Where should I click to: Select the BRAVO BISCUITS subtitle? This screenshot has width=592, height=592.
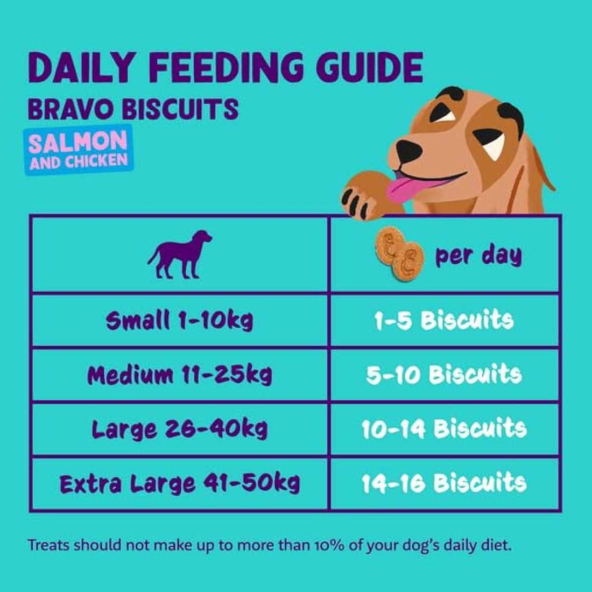133,109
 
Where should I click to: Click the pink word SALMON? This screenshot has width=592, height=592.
78,143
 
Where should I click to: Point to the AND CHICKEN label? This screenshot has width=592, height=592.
79,161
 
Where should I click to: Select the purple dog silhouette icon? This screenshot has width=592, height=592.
180,254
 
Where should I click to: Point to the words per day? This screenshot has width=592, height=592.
478,255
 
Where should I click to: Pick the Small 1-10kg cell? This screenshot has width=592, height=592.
179,321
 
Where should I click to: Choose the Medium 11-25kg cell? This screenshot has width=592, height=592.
179,375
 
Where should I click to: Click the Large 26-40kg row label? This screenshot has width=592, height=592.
179,429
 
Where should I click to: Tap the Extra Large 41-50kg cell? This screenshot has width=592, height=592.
179,483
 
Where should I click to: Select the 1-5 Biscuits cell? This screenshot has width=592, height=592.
444,321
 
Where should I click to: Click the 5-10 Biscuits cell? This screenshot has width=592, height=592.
444,375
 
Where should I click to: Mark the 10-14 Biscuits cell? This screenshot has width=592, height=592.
444,429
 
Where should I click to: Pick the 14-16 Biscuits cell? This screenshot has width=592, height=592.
444,483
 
